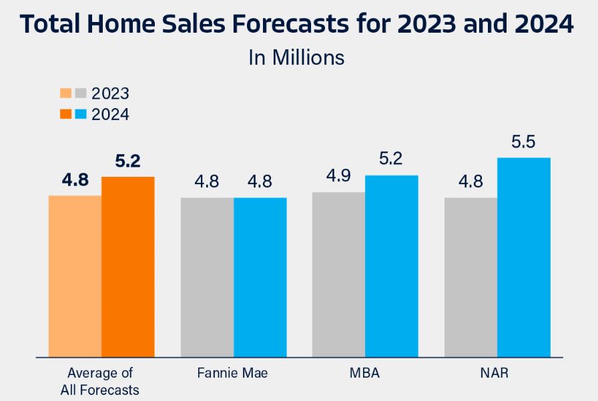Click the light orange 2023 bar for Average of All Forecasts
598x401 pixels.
[75, 276]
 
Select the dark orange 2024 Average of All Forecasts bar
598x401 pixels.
[128, 267]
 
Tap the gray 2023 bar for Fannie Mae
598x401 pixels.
[207, 278]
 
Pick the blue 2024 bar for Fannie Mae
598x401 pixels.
[260, 278]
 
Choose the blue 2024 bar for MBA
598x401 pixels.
[392, 266]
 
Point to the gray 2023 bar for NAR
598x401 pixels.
[471, 278]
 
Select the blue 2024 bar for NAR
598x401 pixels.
[524, 258]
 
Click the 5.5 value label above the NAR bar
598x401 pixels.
[524, 142]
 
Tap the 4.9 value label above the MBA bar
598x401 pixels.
[339, 177]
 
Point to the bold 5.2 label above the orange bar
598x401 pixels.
[128, 161]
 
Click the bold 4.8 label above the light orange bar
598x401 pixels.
[75, 180]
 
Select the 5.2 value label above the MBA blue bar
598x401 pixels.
[392, 160]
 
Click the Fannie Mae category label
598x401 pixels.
[233, 373]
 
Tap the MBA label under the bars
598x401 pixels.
[364, 373]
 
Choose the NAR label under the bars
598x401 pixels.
[497, 373]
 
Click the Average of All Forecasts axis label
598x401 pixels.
[101, 380]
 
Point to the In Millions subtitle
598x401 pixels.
[296, 57]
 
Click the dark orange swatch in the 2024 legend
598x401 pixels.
[65, 114]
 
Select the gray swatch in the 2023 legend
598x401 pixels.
[80, 93]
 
